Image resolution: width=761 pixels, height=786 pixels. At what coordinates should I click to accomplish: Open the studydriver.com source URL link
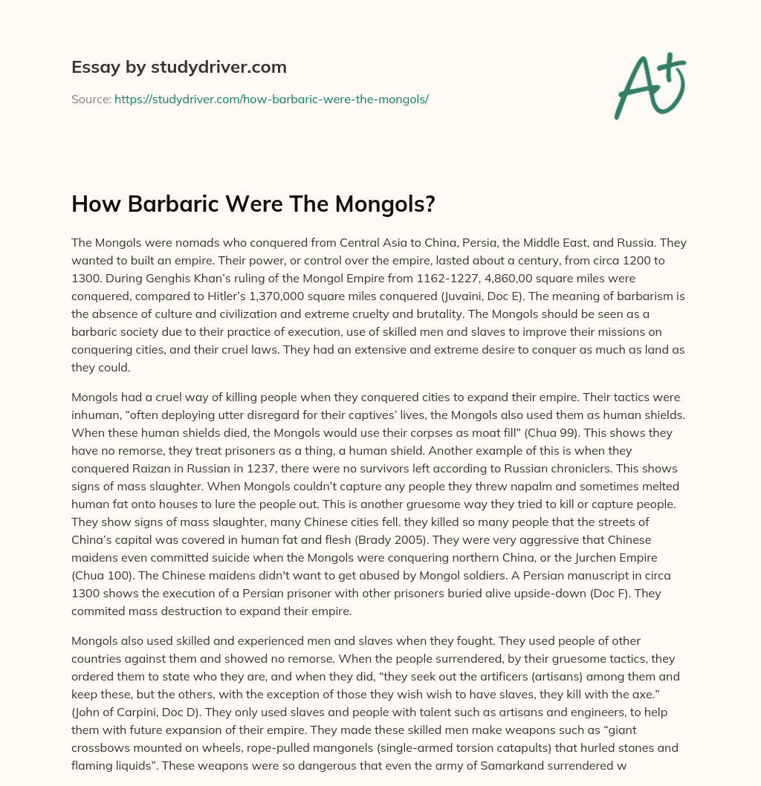point(271,99)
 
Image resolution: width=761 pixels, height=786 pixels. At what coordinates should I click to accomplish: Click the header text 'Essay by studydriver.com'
point(178,67)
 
